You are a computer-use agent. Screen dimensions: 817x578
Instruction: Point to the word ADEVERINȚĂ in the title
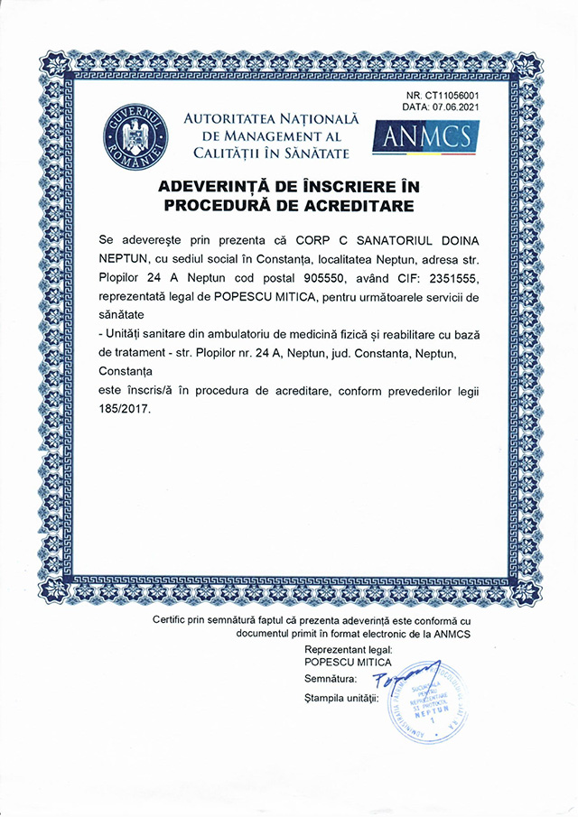click(211, 187)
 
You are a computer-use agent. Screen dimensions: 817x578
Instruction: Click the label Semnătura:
click(331, 677)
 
